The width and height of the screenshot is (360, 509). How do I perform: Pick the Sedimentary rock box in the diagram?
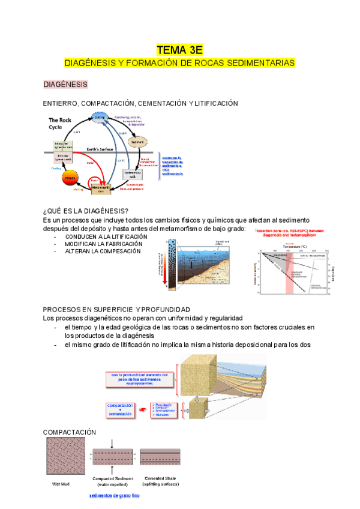pos(134,175)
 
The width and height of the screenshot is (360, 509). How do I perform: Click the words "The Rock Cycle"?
pos(61,124)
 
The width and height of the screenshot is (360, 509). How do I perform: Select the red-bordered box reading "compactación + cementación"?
pos(123,409)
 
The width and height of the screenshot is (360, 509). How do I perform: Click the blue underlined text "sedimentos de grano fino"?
pos(114,496)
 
